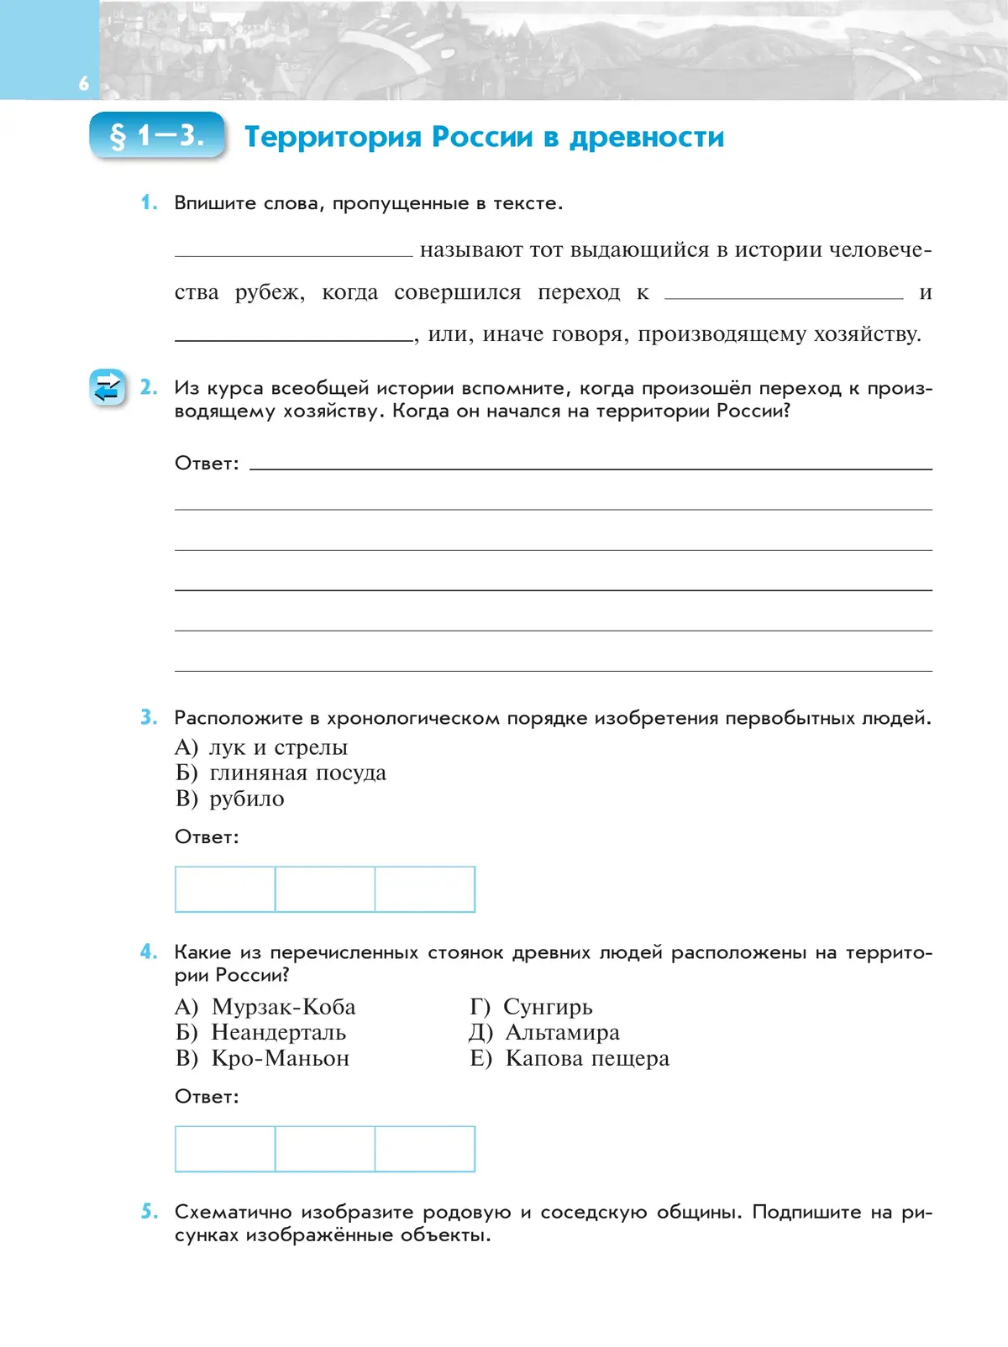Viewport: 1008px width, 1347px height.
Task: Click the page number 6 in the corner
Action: (83, 83)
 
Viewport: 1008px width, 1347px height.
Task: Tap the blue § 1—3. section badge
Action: (157, 135)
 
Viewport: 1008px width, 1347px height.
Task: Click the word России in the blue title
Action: (481, 137)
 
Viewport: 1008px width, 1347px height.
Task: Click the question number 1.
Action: (149, 202)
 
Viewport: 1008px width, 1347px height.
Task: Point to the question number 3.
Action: (149, 717)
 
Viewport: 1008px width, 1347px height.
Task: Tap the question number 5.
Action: (149, 1211)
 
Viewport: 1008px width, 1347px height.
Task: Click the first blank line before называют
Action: (293, 254)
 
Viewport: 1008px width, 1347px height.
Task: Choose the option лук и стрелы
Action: (277, 747)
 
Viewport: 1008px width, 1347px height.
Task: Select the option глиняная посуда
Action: (297, 773)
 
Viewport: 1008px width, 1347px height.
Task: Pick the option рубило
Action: (246, 799)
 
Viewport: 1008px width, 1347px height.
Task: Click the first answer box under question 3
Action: (225, 889)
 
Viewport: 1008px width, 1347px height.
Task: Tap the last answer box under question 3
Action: (425, 889)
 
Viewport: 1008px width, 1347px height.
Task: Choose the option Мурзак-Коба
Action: (283, 1007)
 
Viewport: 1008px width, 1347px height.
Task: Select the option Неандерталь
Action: (278, 1032)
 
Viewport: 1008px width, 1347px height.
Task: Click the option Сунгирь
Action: (547, 1007)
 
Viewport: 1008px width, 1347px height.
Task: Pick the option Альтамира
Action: (561, 1032)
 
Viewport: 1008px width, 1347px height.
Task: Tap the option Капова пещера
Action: (586, 1058)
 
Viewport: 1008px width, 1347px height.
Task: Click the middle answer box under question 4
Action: (325, 1149)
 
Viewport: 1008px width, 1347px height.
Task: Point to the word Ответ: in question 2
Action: (207, 464)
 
